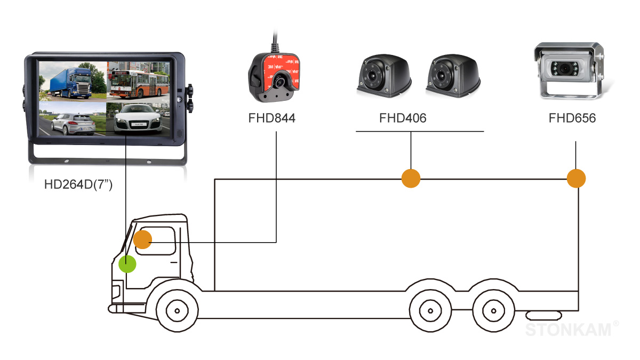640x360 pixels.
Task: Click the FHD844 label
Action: (271, 118)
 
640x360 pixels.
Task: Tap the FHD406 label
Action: (403, 118)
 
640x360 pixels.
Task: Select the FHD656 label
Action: (572, 118)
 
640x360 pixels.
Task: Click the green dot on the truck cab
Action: (127, 263)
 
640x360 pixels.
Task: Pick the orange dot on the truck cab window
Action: (142, 240)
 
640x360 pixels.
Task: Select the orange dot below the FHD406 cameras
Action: (411, 178)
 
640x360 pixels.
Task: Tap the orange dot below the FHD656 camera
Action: (576, 178)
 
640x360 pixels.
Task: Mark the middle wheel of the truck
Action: (429, 309)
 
